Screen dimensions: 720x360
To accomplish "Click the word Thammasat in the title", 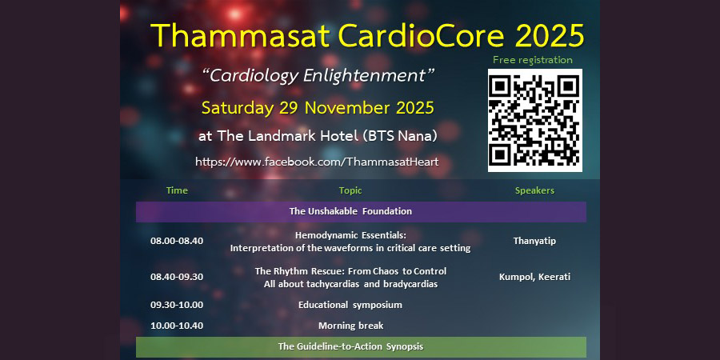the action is point(240,35).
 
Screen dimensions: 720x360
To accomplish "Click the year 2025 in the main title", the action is point(549,35).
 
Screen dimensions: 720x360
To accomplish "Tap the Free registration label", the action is point(533,60).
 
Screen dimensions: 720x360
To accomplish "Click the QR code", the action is point(535,120).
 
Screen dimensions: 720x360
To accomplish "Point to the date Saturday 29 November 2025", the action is point(318,108).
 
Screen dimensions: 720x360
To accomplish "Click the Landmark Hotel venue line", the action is point(318,136).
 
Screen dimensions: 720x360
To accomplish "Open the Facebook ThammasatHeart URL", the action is point(318,162).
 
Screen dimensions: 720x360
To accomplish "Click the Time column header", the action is point(178,190).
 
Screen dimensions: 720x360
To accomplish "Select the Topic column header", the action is point(350,190).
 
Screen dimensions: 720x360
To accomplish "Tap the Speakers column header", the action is point(534,190).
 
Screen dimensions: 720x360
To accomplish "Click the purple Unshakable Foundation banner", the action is point(361,212).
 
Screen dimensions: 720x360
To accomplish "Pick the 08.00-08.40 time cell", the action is point(177,241).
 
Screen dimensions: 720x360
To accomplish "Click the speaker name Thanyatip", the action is point(534,241).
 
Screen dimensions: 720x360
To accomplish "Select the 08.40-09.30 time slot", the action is point(177,277).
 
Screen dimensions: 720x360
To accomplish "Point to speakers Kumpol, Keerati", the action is point(534,278).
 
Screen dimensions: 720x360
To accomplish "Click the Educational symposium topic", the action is point(350,305).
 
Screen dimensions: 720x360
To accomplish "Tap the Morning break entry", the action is point(351,326).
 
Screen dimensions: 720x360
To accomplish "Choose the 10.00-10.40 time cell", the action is point(177,326).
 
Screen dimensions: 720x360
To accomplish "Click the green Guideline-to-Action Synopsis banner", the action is point(361,346).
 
